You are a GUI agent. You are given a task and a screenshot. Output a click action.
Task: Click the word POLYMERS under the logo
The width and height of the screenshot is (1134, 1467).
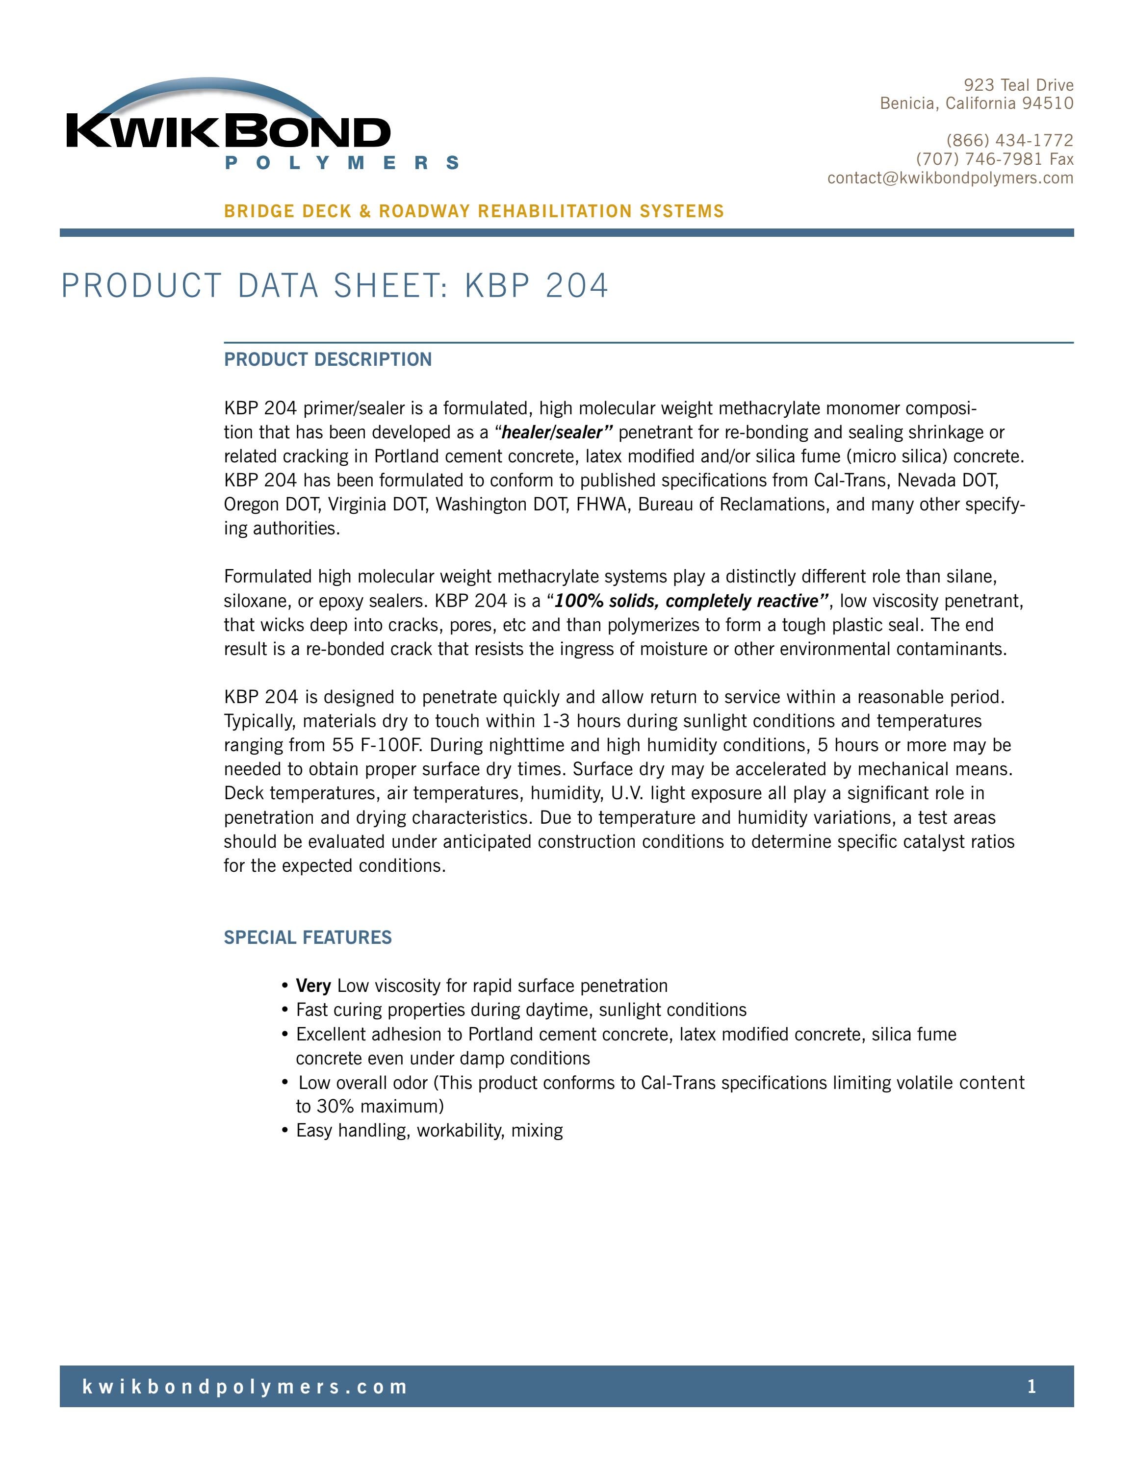[x=342, y=163]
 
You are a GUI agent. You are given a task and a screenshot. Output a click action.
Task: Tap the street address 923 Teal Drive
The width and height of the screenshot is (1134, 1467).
[x=1018, y=85]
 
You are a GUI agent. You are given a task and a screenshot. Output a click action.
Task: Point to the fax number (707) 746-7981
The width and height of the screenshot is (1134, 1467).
[x=979, y=159]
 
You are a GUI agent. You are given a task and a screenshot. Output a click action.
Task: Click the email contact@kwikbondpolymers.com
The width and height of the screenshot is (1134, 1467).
[x=950, y=178]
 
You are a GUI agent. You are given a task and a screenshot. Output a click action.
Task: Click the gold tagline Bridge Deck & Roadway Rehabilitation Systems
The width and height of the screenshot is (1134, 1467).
[x=474, y=212]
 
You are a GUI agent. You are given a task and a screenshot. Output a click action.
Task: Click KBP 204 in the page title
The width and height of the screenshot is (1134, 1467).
[x=536, y=285]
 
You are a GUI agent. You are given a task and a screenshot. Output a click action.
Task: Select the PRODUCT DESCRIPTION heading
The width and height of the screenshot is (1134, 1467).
[x=328, y=359]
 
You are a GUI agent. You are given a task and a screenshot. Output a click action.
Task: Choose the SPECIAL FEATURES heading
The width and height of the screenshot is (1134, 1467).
[x=308, y=937]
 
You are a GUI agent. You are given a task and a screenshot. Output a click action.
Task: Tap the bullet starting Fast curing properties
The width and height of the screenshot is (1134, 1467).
[x=520, y=1010]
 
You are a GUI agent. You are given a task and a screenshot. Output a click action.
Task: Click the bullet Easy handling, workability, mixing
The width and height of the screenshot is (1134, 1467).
[x=429, y=1131]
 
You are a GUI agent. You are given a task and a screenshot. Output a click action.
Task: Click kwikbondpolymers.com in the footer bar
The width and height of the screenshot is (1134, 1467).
[x=245, y=1387]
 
